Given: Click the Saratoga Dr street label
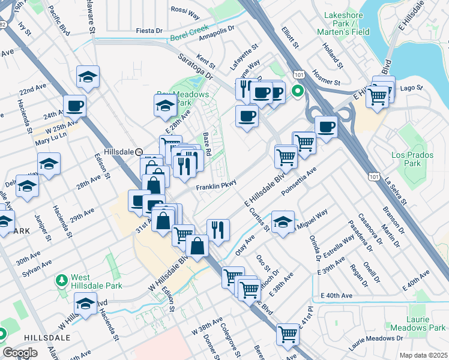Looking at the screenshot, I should tap(194, 65).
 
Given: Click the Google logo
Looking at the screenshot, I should tap(20, 352).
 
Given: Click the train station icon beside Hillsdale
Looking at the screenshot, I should tap(139, 152).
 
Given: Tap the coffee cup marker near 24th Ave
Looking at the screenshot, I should tap(75, 106).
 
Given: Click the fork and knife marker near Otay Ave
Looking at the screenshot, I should tap(218, 229).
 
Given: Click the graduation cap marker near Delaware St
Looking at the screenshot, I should tap(88, 77).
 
